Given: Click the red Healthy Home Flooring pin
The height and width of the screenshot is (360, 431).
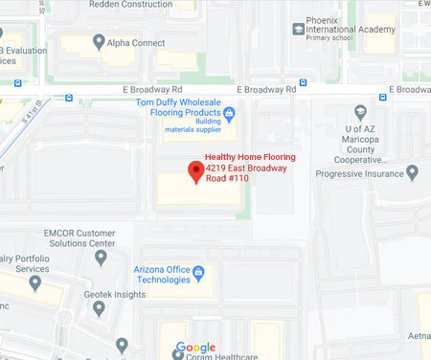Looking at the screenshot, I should (196, 170).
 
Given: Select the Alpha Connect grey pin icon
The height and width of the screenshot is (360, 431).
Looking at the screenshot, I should (99, 42).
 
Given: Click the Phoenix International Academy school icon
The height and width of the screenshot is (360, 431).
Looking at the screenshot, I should (299, 29).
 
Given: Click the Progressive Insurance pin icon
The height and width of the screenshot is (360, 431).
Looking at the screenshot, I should (412, 172).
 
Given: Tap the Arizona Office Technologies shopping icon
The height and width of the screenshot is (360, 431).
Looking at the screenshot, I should (198, 273).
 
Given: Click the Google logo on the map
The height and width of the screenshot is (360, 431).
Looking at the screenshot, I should (194, 349).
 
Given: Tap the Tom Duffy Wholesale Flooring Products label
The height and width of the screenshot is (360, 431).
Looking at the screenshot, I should (181, 108).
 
